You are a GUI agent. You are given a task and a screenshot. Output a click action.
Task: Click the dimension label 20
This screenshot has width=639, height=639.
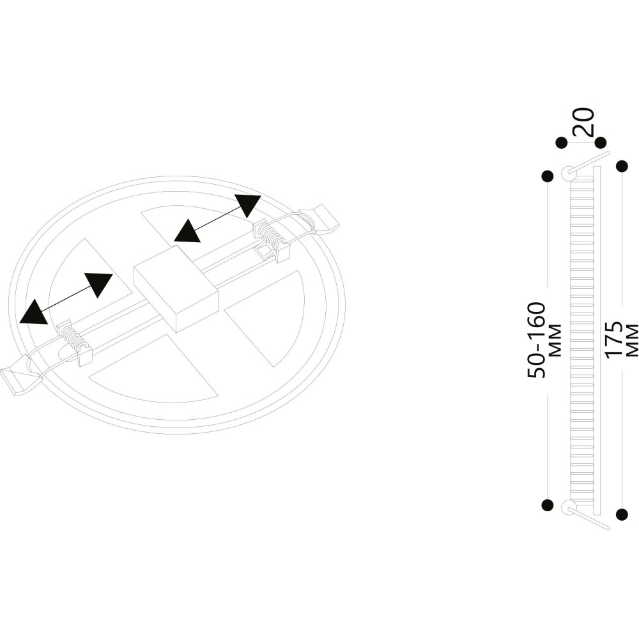pos(583,121)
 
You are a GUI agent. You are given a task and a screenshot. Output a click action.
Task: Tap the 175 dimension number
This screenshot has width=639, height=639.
pos(613,341)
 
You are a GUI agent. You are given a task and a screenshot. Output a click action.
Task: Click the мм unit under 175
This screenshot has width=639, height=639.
pos(632,341)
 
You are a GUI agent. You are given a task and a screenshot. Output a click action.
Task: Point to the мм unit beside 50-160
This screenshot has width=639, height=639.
pos(555,341)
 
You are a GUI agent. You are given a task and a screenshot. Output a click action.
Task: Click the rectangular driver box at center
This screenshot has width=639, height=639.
pos(176,288)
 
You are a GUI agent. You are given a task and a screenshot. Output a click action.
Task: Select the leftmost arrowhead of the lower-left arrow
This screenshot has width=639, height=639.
pos(34,312)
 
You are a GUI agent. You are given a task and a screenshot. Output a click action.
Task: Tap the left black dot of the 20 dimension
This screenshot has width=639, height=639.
pos(562,142)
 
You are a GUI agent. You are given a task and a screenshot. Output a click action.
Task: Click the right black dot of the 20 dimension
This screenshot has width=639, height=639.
pos(600,142)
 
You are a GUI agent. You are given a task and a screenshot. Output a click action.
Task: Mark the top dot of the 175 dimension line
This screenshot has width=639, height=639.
pos(622,166)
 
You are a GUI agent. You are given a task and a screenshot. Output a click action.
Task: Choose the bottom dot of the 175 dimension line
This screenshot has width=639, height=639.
pos(622,514)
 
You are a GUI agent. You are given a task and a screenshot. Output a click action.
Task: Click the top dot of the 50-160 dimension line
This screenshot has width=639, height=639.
pos(548,176)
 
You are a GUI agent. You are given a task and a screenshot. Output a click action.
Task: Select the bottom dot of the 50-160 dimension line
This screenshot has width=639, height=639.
pos(548,505)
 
